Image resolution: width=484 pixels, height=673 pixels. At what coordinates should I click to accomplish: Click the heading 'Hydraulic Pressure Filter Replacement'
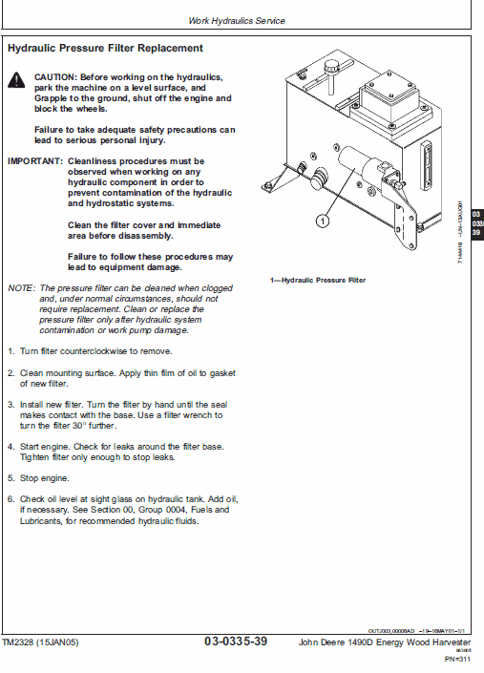(x=104, y=48)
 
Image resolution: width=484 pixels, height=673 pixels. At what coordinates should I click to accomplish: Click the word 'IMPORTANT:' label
(x=35, y=161)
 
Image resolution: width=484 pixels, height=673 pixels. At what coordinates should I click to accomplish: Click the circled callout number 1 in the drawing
(x=323, y=221)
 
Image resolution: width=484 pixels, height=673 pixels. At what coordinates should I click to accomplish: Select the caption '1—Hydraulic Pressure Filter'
(x=318, y=281)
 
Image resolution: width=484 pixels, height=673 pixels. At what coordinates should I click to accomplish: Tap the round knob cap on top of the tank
(x=332, y=68)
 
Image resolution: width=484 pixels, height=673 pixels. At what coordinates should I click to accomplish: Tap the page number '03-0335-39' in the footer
(x=235, y=641)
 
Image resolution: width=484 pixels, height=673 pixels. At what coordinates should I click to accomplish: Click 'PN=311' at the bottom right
(x=459, y=659)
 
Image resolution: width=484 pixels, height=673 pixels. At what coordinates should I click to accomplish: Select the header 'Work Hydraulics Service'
(x=236, y=20)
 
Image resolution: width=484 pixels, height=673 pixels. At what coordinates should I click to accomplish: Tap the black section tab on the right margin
(x=476, y=225)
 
